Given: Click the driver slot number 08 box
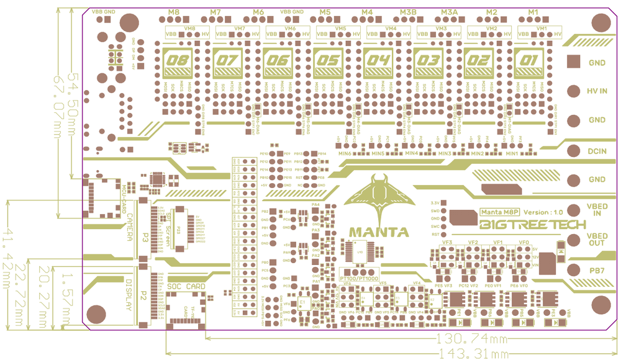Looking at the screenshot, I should coord(176,61).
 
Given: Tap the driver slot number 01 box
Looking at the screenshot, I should coord(529,61).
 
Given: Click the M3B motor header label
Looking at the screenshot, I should coord(408,12).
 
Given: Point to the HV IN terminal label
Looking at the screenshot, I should coord(597,91).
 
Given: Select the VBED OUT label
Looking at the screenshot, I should coord(597,240).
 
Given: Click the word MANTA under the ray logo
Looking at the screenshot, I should coord(379,232).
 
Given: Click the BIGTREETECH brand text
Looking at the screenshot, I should coord(532,225).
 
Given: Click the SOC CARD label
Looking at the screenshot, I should coord(186,286).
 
